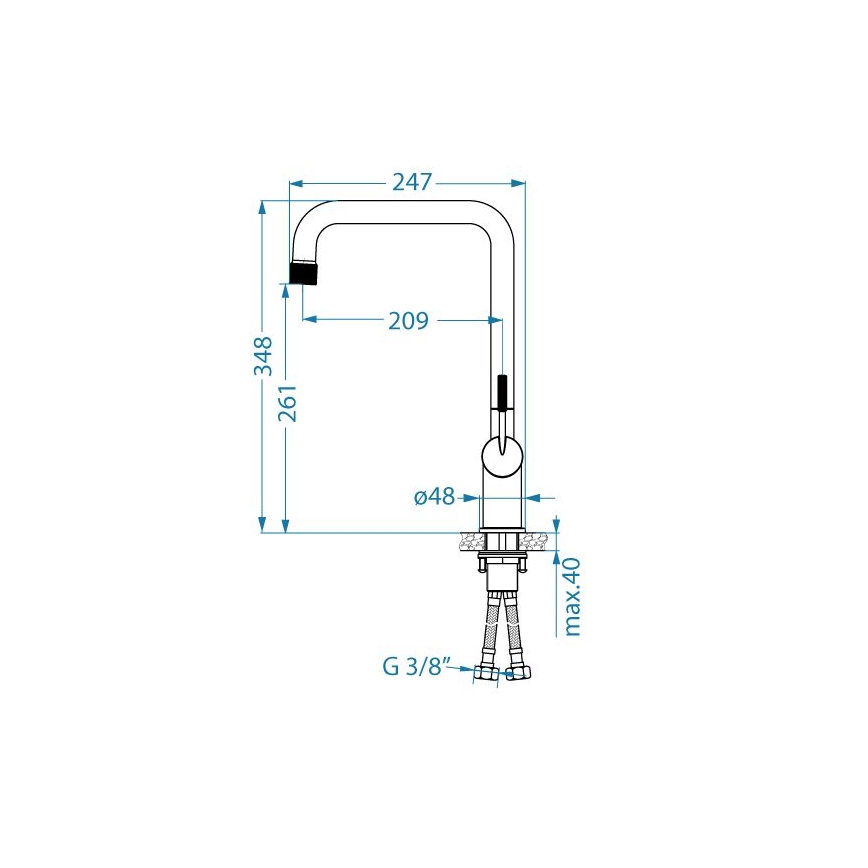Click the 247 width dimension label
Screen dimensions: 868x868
click(411, 182)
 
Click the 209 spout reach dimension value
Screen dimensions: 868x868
click(408, 321)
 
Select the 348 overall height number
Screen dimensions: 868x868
click(263, 356)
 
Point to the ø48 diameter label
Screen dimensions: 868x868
click(434, 496)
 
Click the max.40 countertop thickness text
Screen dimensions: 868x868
click(573, 596)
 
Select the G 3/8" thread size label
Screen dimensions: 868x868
click(419, 666)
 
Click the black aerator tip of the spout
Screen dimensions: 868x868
click(305, 272)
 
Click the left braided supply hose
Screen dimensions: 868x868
click(494, 630)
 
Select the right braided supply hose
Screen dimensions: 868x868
click(514, 630)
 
